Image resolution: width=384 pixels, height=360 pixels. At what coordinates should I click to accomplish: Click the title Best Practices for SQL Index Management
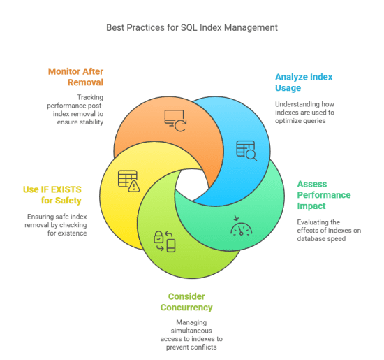click(x=191, y=27)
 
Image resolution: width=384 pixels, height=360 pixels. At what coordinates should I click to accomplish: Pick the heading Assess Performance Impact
click(x=324, y=194)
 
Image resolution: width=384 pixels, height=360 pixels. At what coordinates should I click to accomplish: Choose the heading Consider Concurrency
click(x=190, y=302)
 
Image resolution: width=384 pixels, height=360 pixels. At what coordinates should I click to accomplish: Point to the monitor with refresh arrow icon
click(x=175, y=120)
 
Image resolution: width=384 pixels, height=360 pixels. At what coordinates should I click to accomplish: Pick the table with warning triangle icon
click(x=128, y=181)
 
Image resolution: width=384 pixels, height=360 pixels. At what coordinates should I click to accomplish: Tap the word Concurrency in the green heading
click(x=190, y=308)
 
